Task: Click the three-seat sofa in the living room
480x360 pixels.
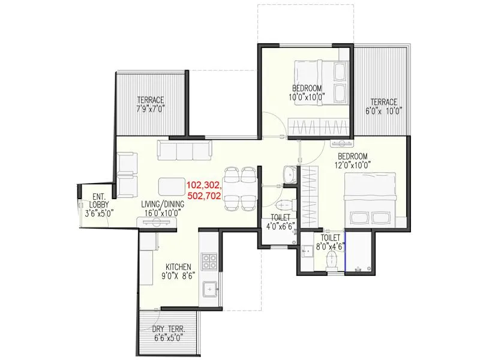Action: point(184,150)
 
